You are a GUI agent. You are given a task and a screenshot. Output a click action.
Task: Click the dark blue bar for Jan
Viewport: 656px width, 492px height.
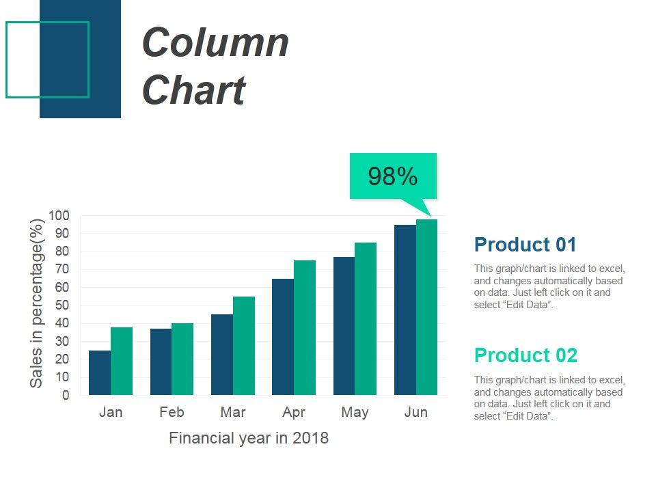click(100, 372)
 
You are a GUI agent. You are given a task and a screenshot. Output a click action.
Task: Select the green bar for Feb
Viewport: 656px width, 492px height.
click(182, 359)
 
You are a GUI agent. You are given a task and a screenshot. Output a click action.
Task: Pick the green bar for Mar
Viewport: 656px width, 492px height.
click(244, 346)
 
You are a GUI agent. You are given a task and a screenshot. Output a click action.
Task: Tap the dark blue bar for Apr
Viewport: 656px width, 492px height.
click(283, 337)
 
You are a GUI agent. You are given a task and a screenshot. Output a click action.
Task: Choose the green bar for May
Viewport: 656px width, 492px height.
click(366, 318)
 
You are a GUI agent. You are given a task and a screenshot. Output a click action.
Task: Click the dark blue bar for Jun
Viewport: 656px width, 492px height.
click(405, 310)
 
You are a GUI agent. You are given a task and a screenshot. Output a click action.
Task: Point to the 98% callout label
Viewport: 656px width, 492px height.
click(393, 176)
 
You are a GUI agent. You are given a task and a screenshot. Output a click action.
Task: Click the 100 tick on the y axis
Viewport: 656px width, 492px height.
click(59, 216)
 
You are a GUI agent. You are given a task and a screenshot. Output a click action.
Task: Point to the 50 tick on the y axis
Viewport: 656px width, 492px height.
click(62, 305)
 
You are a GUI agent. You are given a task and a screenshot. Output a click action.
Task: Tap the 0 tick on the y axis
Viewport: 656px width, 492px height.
click(65, 395)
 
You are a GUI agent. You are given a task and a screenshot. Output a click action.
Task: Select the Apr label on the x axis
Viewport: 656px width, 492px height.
click(294, 412)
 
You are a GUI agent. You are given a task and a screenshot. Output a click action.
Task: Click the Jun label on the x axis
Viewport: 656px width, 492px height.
click(415, 412)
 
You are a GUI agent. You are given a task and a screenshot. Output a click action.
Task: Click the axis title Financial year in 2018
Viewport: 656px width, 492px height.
click(249, 438)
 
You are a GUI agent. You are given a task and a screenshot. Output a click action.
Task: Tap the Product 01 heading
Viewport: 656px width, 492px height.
click(525, 245)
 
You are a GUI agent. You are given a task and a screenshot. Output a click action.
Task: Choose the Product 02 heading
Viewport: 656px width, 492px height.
click(525, 355)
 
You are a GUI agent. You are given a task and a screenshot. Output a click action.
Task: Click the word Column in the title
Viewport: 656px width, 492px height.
click(216, 42)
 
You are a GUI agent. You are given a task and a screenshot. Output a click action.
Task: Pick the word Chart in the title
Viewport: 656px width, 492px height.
click(193, 90)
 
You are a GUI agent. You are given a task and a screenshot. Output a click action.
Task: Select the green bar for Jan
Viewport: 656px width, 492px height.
click(122, 361)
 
